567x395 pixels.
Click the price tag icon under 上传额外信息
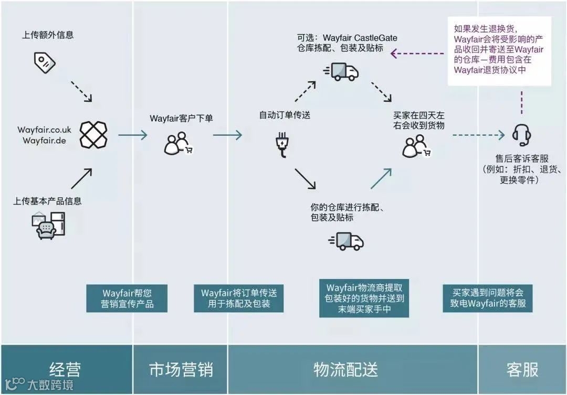45,62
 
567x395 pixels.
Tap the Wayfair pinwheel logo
93,135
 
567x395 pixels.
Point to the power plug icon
281,144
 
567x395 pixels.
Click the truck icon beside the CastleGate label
344,72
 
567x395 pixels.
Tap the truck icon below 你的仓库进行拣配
346,241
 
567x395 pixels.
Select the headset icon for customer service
522,135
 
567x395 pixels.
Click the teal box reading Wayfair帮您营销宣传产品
127,298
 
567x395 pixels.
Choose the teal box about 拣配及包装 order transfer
239,298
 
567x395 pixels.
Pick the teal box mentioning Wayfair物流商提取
364,298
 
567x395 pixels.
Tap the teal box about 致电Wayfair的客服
488,298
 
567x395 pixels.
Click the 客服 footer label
522,369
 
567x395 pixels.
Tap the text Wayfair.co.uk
44,130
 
